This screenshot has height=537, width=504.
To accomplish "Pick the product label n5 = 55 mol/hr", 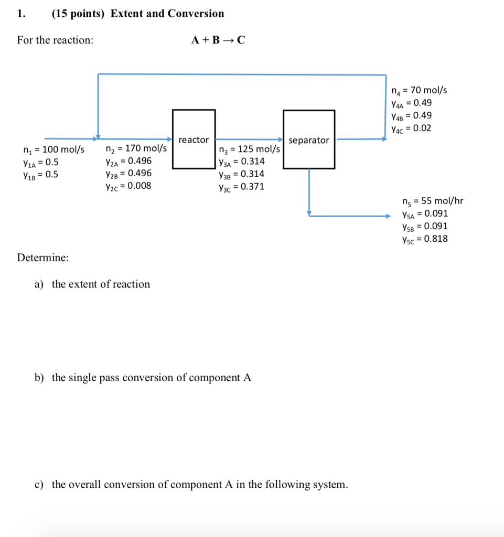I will click(x=433, y=201).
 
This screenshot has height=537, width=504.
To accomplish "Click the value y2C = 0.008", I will click(x=128, y=186).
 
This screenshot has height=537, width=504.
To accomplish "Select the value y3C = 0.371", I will click(x=241, y=187).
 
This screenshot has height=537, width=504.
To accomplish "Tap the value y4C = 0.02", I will click(x=411, y=128).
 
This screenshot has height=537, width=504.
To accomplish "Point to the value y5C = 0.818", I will click(x=424, y=239).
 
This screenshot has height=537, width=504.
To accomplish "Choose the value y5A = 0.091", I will click(x=424, y=213).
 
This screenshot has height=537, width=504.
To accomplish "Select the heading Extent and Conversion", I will click(x=167, y=14).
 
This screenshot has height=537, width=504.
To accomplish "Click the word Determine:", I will click(x=42, y=258).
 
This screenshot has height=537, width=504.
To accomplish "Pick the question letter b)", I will click(x=39, y=378).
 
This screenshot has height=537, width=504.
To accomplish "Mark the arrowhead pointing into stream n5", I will click(x=388, y=215).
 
